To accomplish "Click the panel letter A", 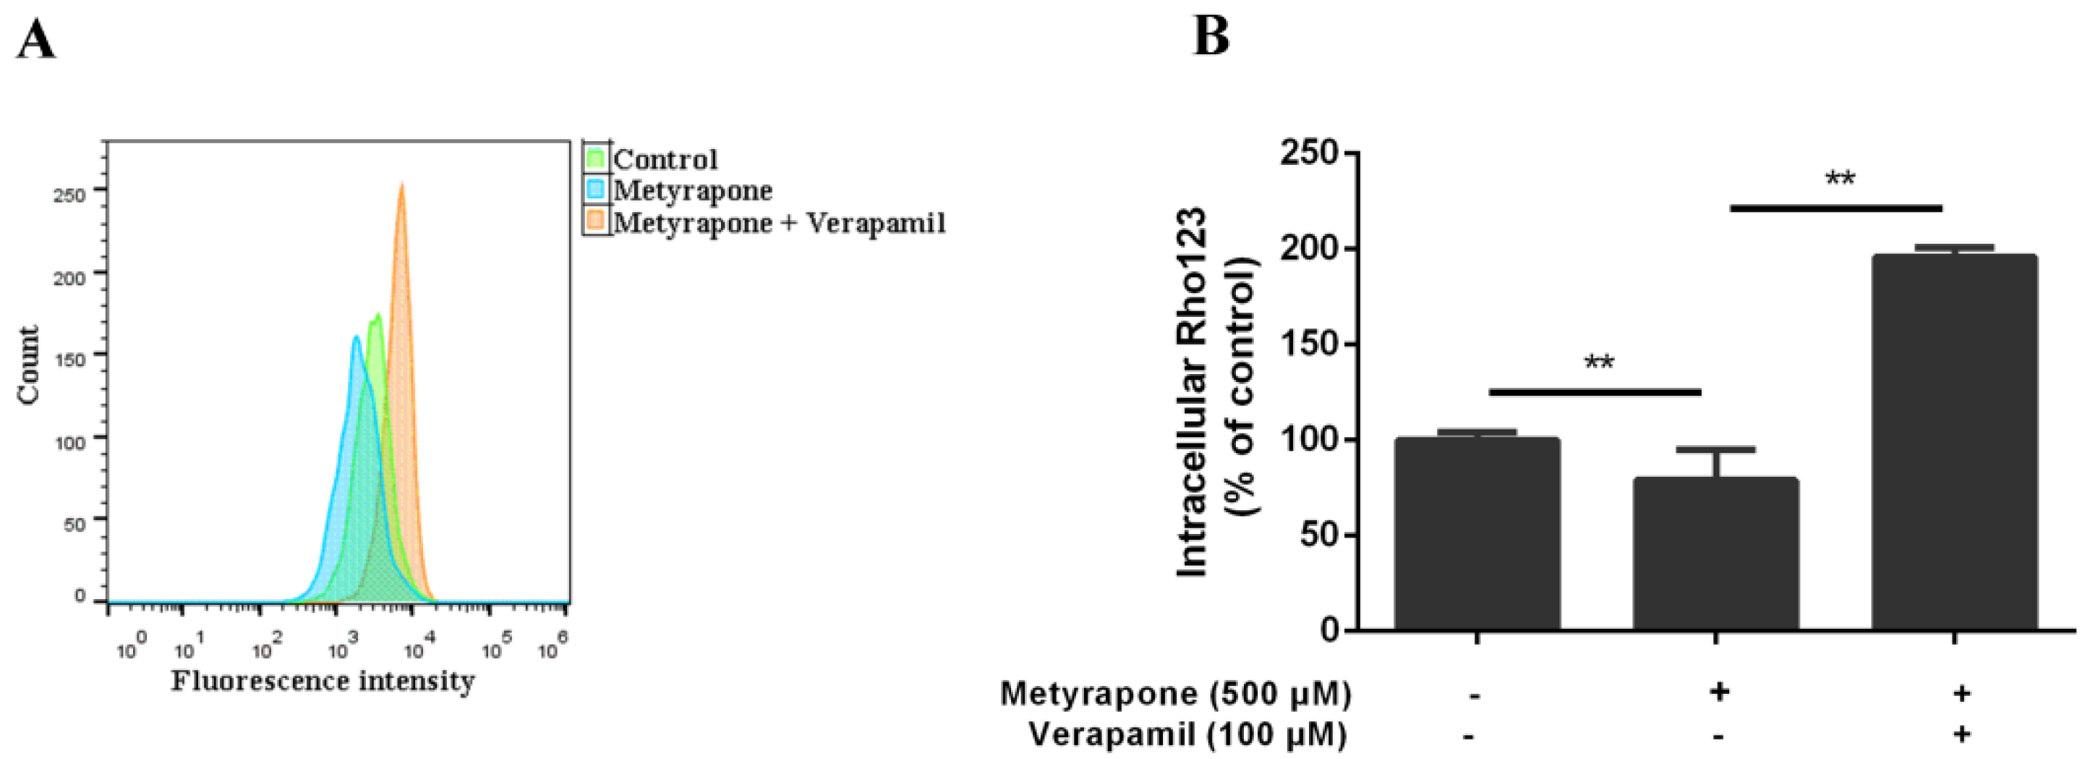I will (35, 41).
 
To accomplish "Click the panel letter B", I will (1210, 36).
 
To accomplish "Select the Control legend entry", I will (665, 159).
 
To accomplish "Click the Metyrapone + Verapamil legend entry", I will (779, 221).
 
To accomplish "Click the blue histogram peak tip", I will (355, 338).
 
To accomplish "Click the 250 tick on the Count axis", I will (69, 195).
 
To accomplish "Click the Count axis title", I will (28, 365).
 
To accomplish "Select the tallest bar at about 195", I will (1954, 442).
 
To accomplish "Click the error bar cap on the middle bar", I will (1715, 449).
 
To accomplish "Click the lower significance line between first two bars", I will (1595, 392).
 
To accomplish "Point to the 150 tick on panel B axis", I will (1308, 344).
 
